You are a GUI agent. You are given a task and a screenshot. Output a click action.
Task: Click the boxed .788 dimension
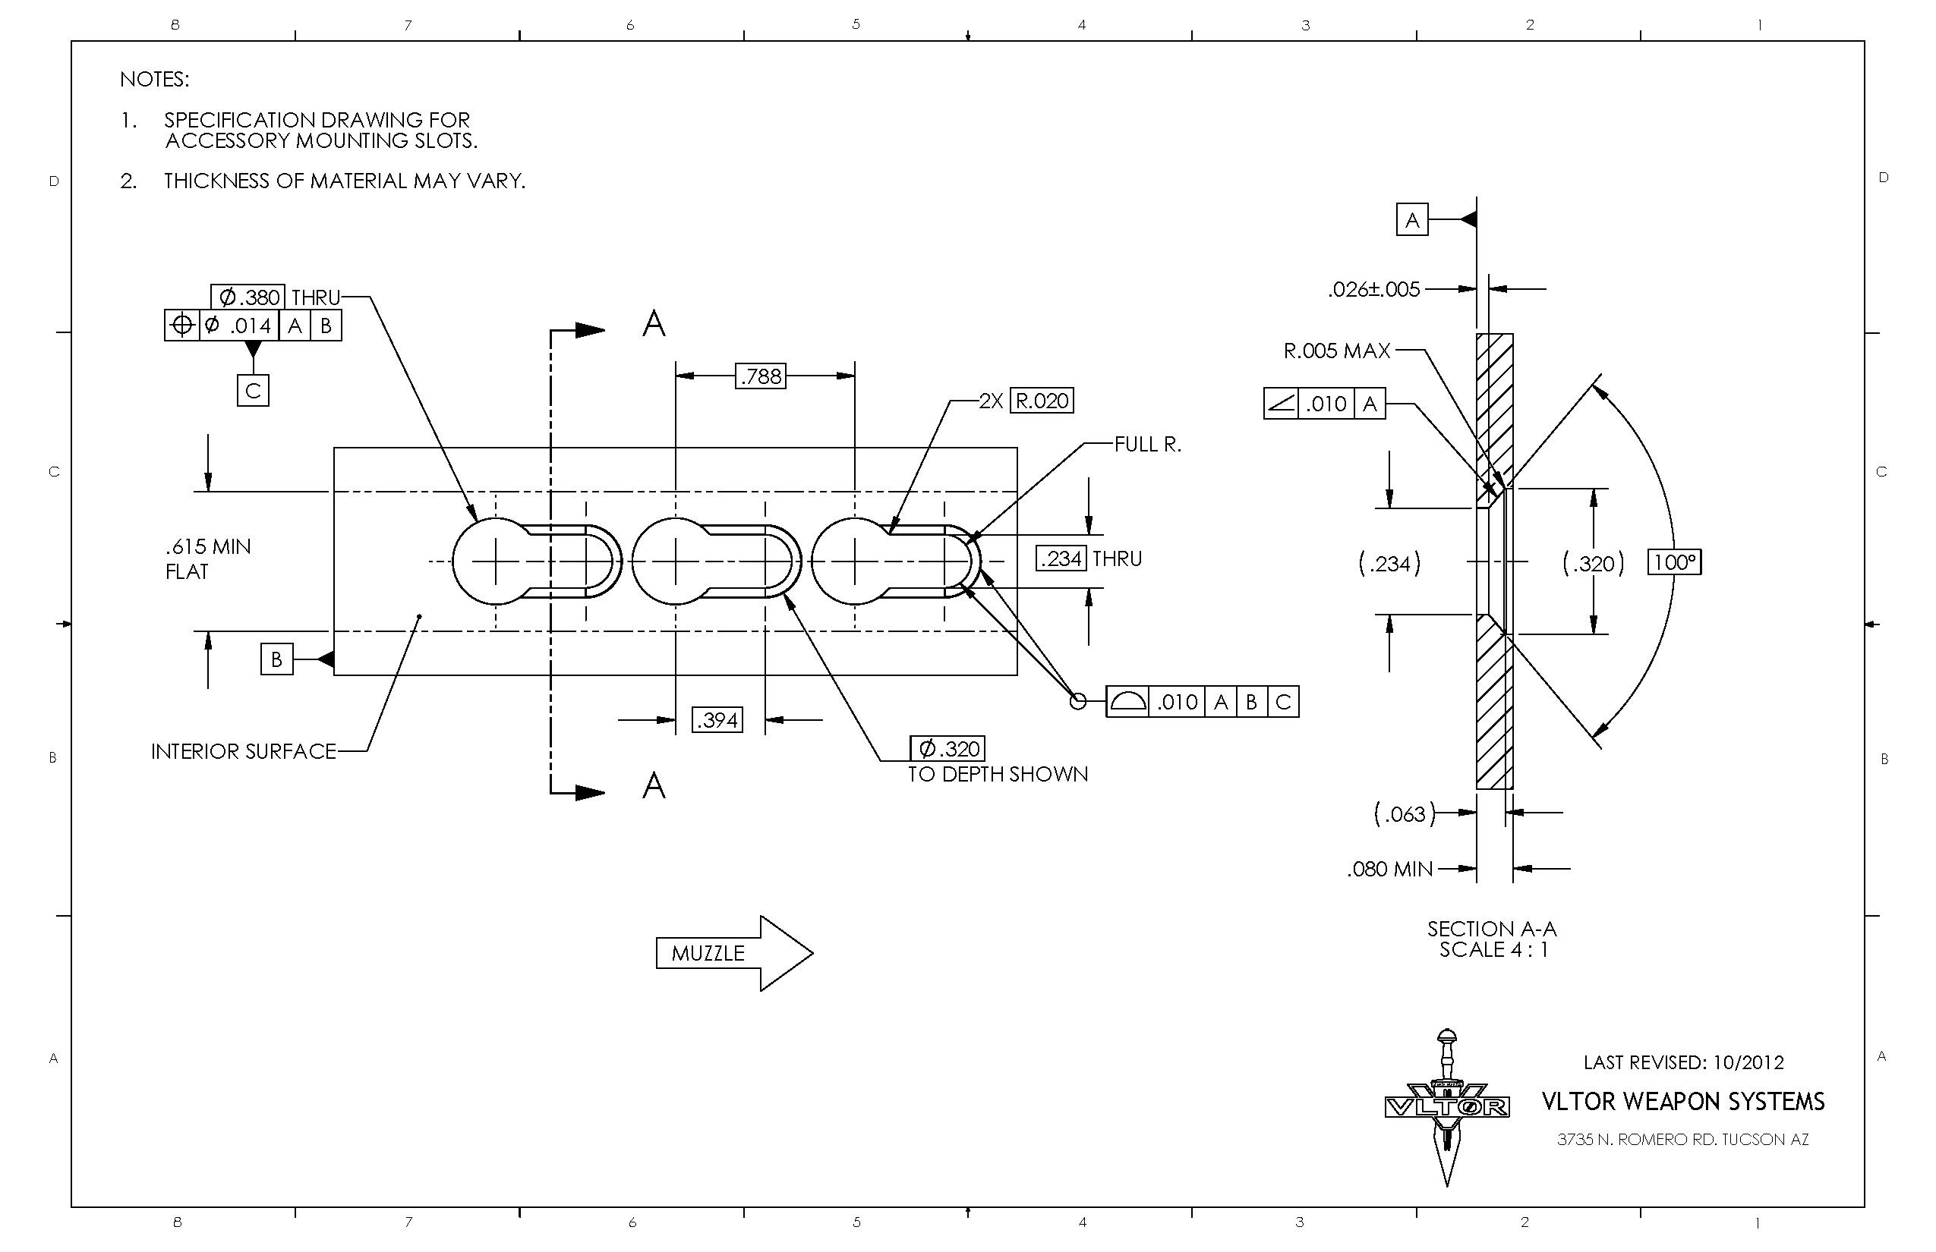click(760, 376)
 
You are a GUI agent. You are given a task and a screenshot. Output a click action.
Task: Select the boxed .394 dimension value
click(717, 720)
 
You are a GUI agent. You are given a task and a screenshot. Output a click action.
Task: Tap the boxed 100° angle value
click(1674, 562)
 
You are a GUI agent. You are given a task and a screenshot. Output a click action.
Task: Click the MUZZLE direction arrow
click(733, 954)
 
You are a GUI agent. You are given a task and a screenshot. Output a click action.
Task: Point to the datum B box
click(276, 659)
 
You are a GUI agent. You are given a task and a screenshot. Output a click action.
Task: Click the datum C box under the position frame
click(253, 391)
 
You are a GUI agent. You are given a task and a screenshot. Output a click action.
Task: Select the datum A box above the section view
click(1411, 220)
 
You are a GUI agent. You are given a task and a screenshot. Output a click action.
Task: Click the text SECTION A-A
click(1491, 930)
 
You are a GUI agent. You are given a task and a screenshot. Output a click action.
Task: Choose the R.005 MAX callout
click(1336, 351)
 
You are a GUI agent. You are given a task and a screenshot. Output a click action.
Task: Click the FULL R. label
click(1147, 445)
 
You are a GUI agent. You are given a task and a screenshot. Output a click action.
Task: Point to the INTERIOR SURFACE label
click(243, 752)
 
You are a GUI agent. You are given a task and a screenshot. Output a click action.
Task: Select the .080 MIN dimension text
click(1389, 870)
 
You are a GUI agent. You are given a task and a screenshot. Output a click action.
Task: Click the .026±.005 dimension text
click(1374, 289)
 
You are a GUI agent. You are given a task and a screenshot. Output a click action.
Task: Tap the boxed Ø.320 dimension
click(947, 749)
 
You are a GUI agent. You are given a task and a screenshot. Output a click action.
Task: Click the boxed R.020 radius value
click(1041, 401)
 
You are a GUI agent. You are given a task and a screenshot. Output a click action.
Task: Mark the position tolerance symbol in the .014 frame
click(182, 326)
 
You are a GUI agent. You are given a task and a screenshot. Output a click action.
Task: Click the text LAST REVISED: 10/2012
click(1683, 1062)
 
